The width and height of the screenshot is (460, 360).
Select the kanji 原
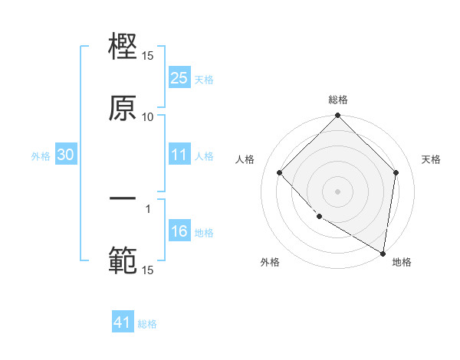coord(123,107)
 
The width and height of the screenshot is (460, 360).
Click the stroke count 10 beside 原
coord(148,116)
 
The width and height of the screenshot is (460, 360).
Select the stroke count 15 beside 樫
coord(148,56)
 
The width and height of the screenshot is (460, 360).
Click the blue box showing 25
coord(179,77)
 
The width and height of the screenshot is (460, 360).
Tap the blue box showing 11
coord(179,155)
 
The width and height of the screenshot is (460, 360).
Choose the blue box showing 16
coord(179,231)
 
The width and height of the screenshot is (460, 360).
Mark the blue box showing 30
coord(65,155)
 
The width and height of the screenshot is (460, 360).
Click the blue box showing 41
coord(123,322)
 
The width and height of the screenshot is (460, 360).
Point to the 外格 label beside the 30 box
coord(41,155)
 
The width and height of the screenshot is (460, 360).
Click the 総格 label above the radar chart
coord(338,100)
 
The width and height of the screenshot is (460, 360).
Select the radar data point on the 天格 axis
coord(396,172)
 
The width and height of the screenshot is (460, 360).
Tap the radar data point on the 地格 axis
coord(382,252)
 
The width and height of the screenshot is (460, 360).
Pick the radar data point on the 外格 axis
coord(319,217)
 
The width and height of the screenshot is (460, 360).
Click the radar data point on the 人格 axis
coord(280,172)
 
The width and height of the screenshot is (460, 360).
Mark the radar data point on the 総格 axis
coord(338,116)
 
